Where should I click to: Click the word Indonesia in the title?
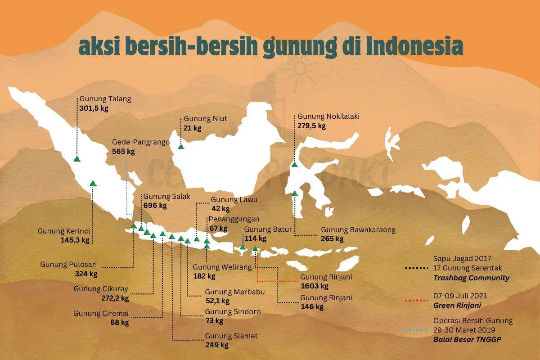pos(414,46)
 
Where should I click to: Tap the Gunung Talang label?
pos(105,99)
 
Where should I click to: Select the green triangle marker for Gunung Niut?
pos(181,146)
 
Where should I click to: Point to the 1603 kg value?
pos(315,286)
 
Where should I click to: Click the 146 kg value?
pos(312,307)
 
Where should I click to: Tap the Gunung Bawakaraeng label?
pos(358,229)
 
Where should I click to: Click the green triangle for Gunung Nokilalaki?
pos(295,164)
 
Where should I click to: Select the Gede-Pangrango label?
pos(141,142)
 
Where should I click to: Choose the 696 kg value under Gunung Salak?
pos(155,206)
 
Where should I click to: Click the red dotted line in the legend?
pos(416,299)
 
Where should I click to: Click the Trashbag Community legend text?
pos(471,278)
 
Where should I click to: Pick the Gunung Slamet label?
pos(231,336)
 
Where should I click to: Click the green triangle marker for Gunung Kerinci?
pos(93,183)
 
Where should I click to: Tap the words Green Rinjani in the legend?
pos(457,305)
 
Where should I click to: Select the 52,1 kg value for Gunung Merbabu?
pos(217,301)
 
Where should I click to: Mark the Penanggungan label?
pos(234,219)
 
